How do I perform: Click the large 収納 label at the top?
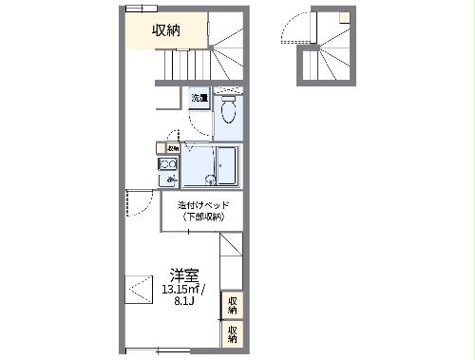point(167,30)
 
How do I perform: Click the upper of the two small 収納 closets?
point(231,304)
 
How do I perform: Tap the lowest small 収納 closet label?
point(231,333)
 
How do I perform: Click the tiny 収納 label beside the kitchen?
point(173,148)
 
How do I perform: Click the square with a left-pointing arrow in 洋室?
point(139,287)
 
